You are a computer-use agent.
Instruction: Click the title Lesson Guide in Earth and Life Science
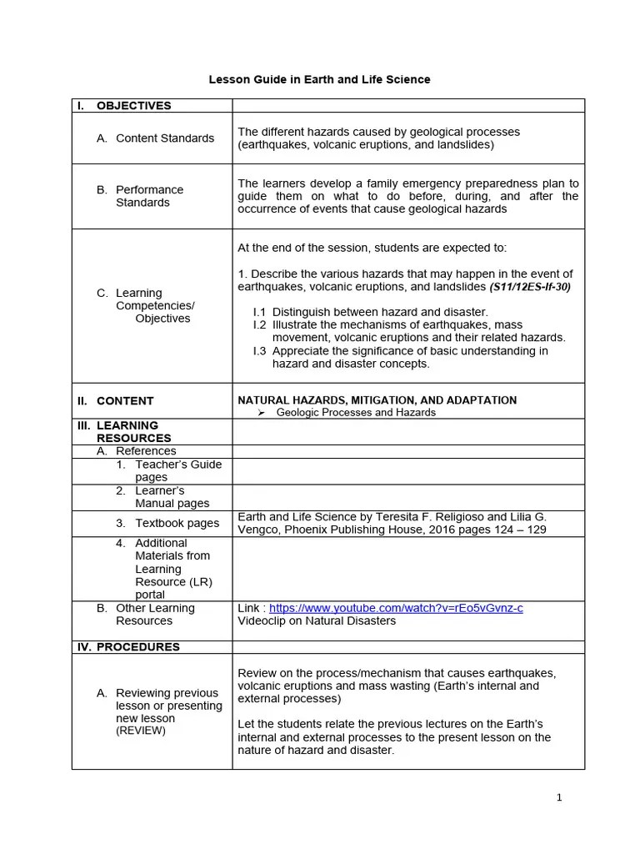tap(319, 79)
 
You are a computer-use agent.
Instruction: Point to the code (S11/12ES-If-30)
tap(530, 287)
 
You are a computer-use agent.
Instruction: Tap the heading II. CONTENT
tap(125, 401)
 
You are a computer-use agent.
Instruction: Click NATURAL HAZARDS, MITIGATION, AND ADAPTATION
tap(377, 400)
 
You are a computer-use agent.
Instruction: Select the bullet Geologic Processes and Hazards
tap(356, 412)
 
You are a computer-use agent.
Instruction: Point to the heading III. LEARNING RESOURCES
tap(133, 431)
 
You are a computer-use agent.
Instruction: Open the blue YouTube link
tap(396, 608)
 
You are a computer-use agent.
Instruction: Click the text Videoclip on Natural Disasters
tap(317, 620)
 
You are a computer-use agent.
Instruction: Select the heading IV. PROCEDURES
tap(137, 646)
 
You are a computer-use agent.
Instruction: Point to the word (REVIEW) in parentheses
tap(141, 731)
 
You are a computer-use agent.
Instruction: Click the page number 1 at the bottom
tap(559, 797)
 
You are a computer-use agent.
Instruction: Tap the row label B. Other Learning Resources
tap(155, 614)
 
